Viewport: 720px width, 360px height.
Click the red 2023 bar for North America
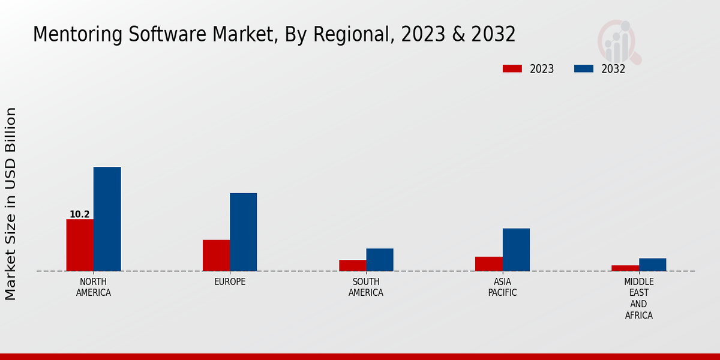click(x=80, y=245)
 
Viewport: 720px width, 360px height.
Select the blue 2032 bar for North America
click(x=107, y=219)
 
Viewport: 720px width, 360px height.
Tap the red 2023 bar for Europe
click(x=216, y=255)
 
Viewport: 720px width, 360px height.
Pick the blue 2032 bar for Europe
click(x=243, y=232)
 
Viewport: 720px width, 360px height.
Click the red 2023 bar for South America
click(x=352, y=265)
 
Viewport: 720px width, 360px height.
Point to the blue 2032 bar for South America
click(x=380, y=259)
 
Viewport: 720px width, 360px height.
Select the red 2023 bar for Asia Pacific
click(x=488, y=263)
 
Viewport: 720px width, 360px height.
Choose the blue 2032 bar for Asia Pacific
click(x=516, y=250)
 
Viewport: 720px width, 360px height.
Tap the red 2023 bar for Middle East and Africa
click(x=625, y=268)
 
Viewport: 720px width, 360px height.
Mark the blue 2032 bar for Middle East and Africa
click(x=652, y=265)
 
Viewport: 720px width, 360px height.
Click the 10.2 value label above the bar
click(x=80, y=214)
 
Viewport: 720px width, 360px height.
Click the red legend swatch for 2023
click(x=512, y=69)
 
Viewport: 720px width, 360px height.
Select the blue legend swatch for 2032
click(x=583, y=69)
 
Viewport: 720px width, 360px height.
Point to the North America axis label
click(x=94, y=287)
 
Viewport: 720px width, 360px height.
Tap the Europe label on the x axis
click(x=230, y=282)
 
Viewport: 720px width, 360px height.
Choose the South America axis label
click(x=366, y=287)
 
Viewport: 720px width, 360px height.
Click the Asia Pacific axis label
click(x=502, y=287)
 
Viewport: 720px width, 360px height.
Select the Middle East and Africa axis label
click(x=638, y=298)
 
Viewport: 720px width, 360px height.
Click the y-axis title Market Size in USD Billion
click(x=11, y=204)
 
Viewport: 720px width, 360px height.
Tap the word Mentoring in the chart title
click(x=70, y=35)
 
